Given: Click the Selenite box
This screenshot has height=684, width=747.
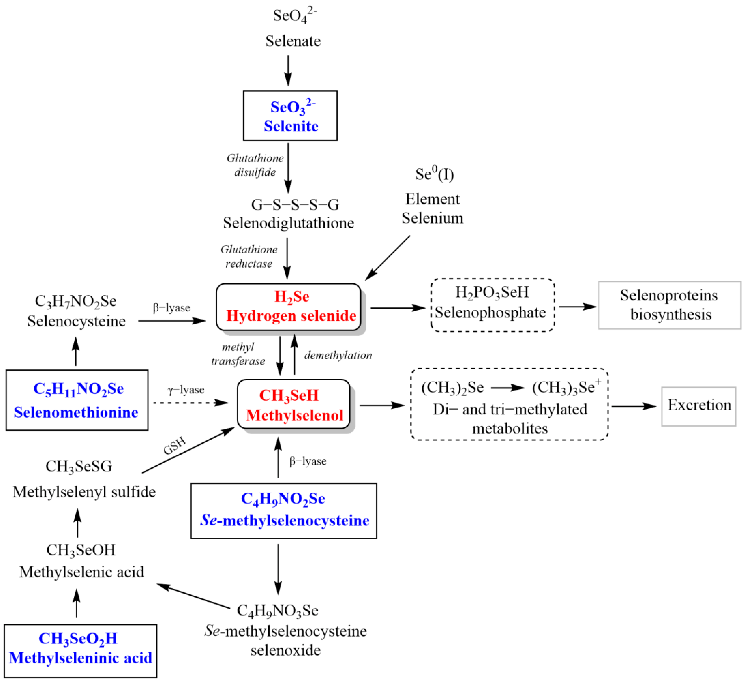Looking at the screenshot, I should pyautogui.click(x=290, y=116).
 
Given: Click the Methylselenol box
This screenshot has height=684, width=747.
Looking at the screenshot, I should pyautogui.click(x=294, y=404).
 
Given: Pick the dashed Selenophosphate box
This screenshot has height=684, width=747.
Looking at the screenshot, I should pyautogui.click(x=492, y=305).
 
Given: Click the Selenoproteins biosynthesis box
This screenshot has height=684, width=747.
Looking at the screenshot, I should pyautogui.click(x=669, y=305).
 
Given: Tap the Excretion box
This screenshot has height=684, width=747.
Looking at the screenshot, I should pyautogui.click(x=699, y=406).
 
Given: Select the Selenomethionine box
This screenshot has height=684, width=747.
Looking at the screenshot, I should pyautogui.click(x=77, y=400).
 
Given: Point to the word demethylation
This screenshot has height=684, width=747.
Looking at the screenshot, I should pyautogui.click(x=338, y=355).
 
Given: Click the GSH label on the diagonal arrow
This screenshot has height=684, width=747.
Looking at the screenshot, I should pyautogui.click(x=174, y=446).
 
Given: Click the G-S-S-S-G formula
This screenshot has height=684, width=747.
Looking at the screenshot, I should pyautogui.click(x=295, y=205).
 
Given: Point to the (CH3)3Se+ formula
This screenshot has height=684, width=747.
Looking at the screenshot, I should pyautogui.click(x=566, y=387).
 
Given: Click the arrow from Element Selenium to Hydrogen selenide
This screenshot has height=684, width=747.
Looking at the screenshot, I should pyautogui.click(x=388, y=258).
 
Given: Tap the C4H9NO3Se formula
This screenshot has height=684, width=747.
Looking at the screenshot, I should pyautogui.click(x=278, y=611).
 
